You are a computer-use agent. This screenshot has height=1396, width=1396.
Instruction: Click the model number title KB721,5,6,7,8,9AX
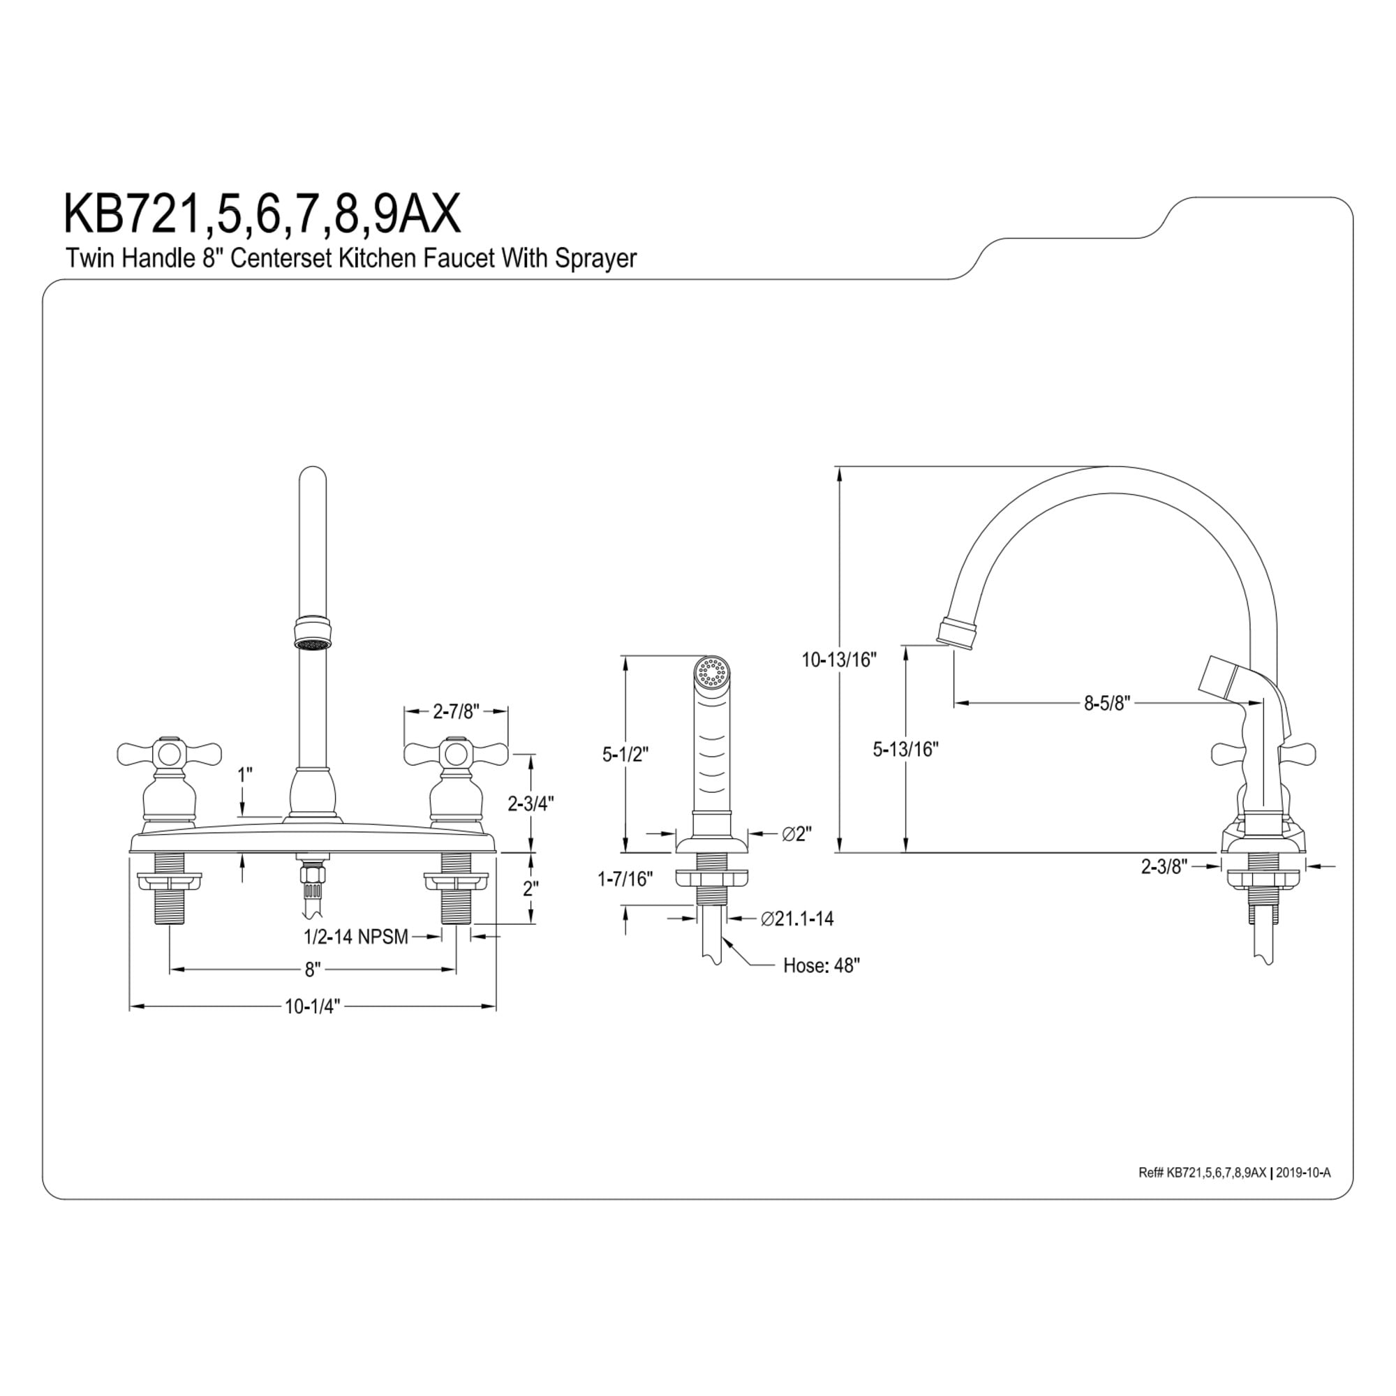click(262, 214)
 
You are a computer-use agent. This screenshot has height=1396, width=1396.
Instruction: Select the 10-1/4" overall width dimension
click(312, 1007)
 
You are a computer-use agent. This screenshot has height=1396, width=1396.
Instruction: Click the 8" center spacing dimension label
click(312, 969)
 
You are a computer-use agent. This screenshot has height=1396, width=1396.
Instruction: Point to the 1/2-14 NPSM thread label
click(356, 937)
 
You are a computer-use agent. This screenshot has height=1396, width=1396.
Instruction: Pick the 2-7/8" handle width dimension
click(456, 712)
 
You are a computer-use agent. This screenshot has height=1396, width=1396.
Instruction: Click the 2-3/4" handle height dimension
click(531, 803)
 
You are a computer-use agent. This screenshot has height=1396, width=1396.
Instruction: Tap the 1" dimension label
click(245, 775)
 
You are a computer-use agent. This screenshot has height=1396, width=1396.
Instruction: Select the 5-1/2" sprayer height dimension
click(625, 754)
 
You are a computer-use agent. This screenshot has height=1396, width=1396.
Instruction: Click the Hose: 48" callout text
click(822, 965)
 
